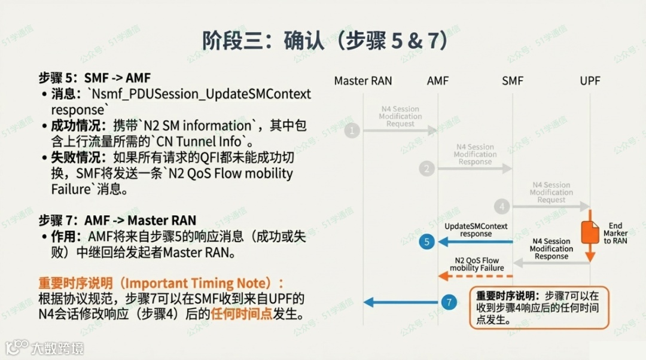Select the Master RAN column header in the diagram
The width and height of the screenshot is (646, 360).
(363, 81)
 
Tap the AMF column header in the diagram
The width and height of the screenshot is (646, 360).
(438, 81)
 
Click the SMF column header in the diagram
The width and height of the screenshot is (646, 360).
(513, 81)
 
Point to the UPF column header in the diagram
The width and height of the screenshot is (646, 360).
(590, 81)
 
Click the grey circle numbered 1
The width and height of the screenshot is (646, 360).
(352, 130)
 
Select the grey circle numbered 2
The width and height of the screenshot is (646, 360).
(426, 169)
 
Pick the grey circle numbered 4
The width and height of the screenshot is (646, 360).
(501, 207)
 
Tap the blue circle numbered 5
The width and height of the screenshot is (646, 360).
(426, 242)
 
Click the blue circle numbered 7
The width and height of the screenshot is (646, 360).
(449, 303)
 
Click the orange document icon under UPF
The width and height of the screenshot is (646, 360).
(590, 232)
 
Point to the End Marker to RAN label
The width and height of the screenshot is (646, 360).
(615, 234)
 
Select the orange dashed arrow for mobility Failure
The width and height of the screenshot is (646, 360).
(476, 276)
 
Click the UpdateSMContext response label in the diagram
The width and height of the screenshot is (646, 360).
(476, 230)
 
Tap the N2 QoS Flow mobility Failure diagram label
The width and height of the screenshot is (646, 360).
(477, 264)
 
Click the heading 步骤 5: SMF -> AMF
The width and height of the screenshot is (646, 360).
(95, 78)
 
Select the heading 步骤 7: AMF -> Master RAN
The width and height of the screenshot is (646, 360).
(117, 221)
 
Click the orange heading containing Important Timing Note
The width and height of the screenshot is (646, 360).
(161, 283)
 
